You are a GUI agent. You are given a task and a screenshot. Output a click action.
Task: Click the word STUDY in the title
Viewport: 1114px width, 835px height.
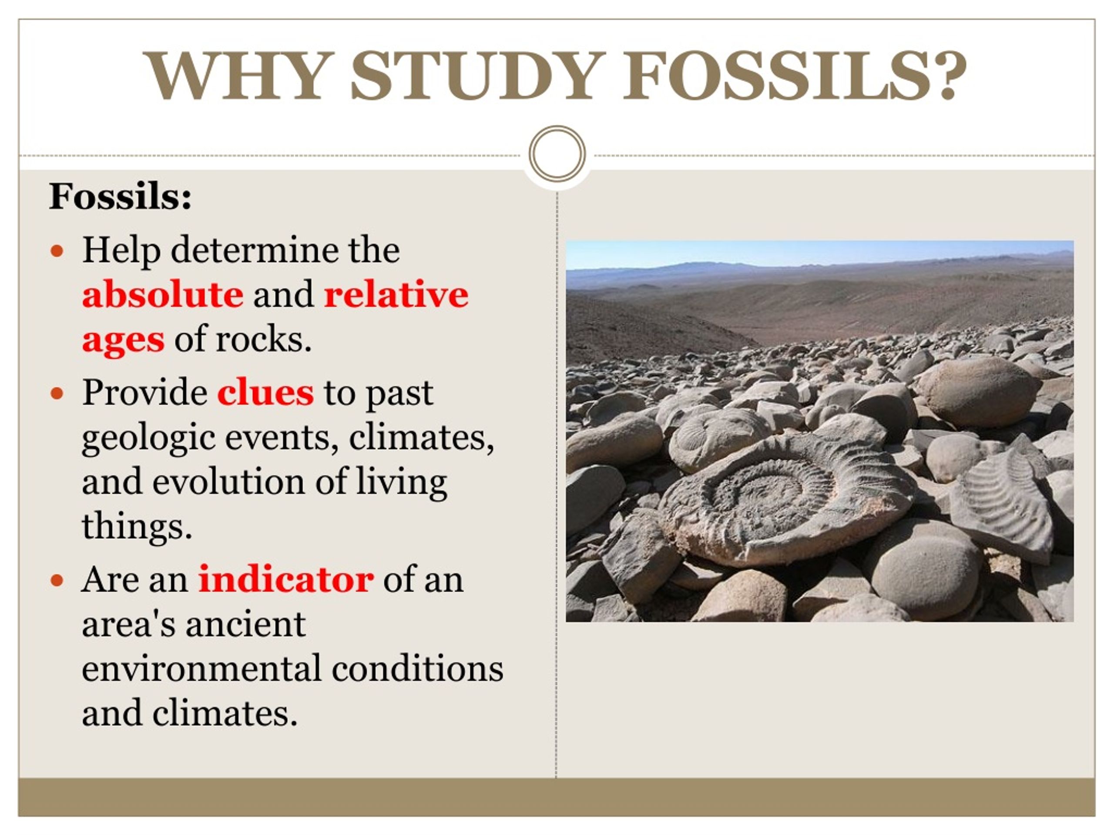[x=478, y=76]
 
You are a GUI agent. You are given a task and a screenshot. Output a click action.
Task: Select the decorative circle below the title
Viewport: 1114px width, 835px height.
[x=557, y=154]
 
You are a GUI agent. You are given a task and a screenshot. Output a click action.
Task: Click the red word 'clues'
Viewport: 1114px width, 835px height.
[x=265, y=392]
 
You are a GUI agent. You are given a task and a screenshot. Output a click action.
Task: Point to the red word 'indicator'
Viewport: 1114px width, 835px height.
[x=285, y=579]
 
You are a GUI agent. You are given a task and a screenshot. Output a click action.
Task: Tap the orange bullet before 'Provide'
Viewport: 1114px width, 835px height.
[x=57, y=393]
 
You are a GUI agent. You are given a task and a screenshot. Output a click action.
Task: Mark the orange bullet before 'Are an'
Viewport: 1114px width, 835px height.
[x=57, y=580]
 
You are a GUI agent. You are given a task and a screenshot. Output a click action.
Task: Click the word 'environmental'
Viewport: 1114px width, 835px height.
[x=201, y=668]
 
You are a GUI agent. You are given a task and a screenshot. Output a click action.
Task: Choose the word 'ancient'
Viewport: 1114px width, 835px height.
[x=245, y=624]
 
